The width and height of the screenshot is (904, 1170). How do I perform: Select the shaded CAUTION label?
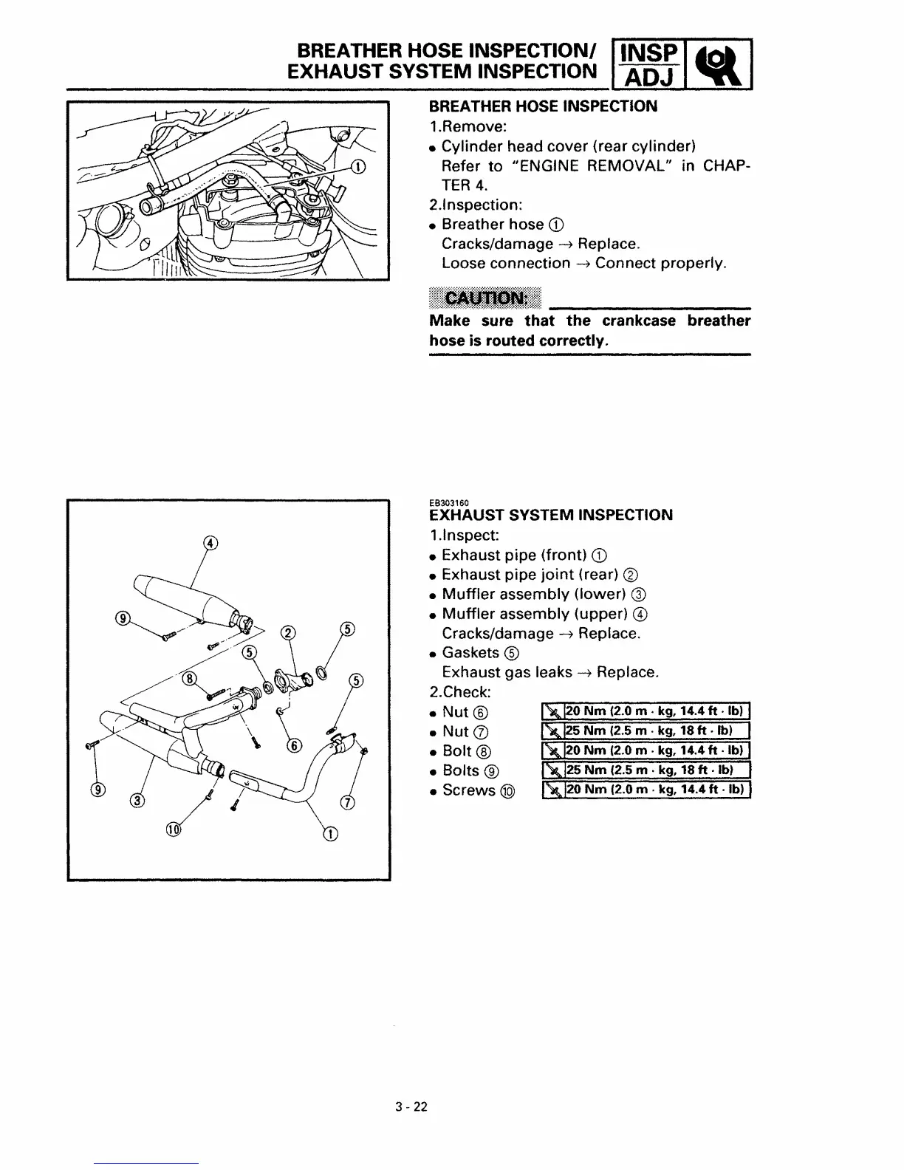tap(485, 298)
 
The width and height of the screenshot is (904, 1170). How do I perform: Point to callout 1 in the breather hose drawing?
tap(357, 166)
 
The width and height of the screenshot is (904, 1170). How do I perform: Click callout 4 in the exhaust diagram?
tap(211, 544)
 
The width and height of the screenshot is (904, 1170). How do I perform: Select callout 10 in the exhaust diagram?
tap(174, 830)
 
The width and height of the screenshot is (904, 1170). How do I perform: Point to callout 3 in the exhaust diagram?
tap(137, 800)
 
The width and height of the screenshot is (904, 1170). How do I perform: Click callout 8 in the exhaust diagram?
tap(190, 677)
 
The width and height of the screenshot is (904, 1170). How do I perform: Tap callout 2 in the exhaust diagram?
tap(289, 632)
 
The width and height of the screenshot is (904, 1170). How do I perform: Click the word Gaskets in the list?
tap(471, 653)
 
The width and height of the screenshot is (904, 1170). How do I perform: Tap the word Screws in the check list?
tap(469, 790)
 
